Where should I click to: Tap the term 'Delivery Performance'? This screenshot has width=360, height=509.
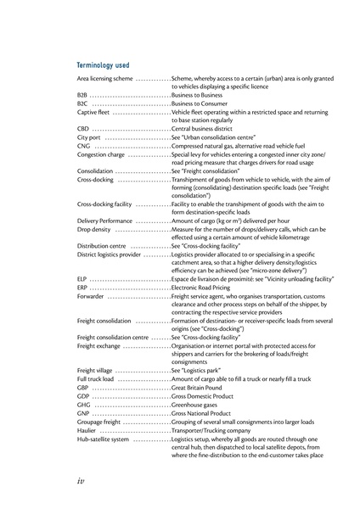click(104, 221)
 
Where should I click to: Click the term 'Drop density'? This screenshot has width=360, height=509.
click(93, 229)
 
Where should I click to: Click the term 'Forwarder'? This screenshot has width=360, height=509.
click(90, 296)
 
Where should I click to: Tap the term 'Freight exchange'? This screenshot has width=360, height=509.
click(98, 346)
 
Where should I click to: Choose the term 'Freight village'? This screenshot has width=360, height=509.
click(95, 371)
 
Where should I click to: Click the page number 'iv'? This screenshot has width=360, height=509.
click(82, 479)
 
